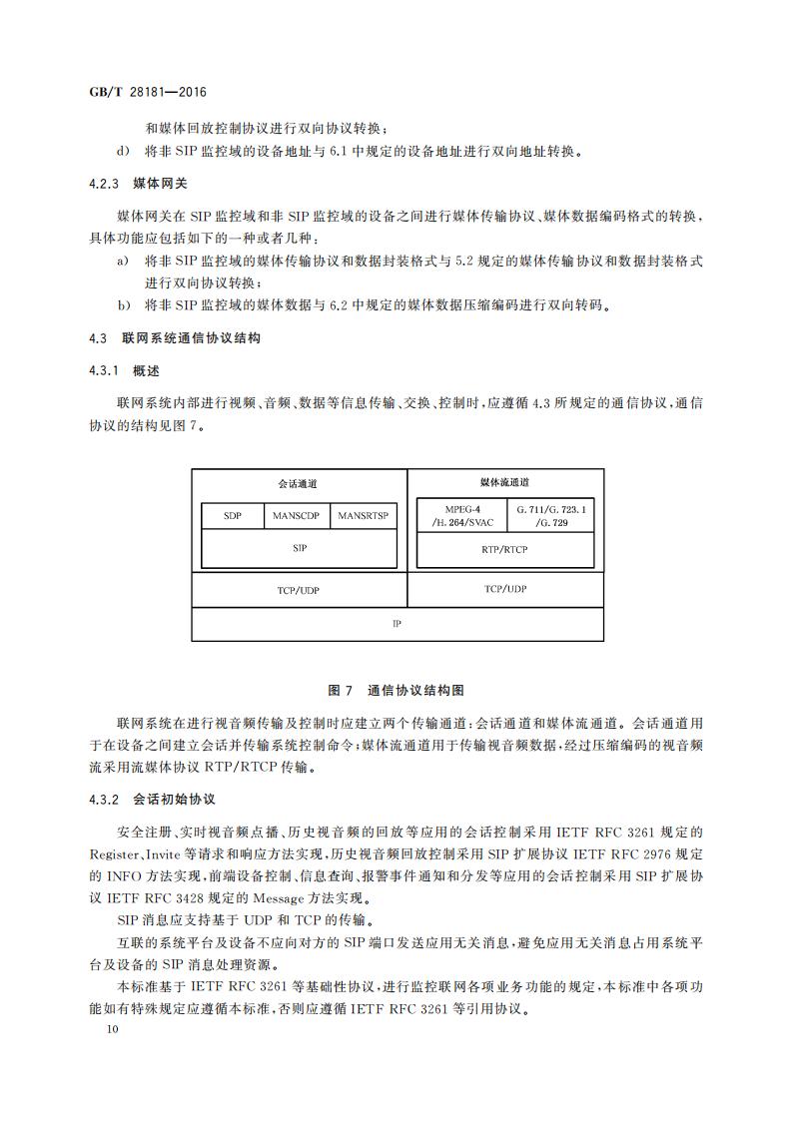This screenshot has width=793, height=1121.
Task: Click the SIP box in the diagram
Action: click(x=299, y=548)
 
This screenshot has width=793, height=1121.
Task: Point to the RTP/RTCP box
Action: click(x=504, y=549)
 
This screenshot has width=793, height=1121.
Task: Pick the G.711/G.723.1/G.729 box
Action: click(x=550, y=516)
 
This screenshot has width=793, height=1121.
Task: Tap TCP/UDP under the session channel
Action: click(x=299, y=590)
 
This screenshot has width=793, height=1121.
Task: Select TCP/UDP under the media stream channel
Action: click(x=504, y=589)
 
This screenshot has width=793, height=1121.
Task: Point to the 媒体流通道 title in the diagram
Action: click(x=504, y=481)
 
